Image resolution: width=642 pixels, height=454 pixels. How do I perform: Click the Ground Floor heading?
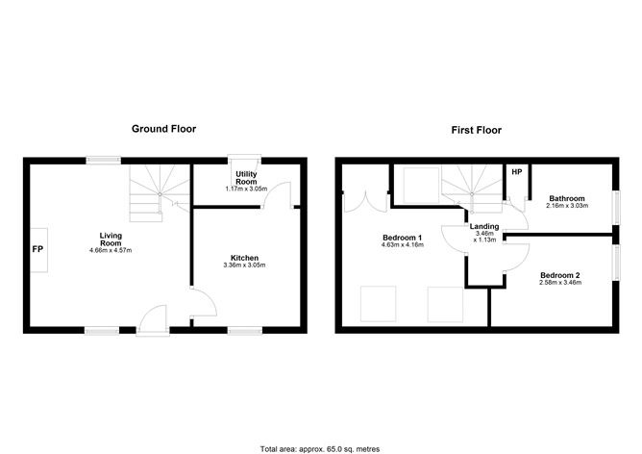click(x=164, y=129)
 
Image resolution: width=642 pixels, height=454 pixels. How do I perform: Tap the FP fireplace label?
click(x=37, y=248)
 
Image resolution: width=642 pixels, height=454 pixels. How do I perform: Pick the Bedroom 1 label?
click(x=403, y=237)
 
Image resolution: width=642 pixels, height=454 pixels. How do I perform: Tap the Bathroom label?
click(x=566, y=198)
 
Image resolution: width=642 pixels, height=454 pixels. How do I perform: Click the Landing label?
click(x=483, y=227)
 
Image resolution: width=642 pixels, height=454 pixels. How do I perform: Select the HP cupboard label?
click(x=516, y=173)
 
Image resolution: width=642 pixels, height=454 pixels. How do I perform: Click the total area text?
click(x=320, y=448)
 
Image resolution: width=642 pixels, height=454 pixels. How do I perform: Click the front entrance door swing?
click(x=153, y=317)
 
